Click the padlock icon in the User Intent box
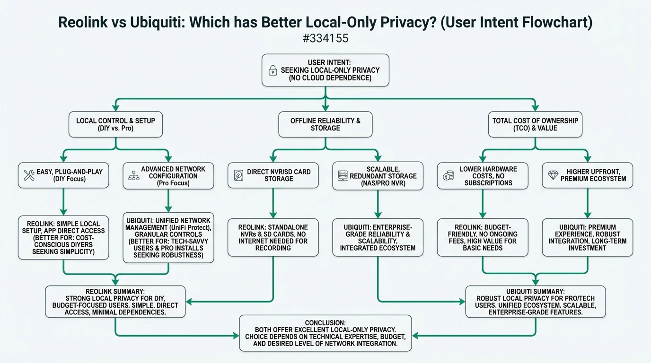coord(273,70)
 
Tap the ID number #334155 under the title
coord(325,38)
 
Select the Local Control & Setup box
coord(115,124)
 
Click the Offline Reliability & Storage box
coord(325,124)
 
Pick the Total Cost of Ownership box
coord(535,124)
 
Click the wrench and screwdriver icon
coord(29,176)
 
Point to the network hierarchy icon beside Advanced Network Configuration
coord(134,176)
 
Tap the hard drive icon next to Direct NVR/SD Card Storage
coord(238,176)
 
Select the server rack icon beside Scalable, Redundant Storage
coord(343,176)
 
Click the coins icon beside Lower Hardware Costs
coord(448,176)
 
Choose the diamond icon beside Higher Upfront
coord(553,175)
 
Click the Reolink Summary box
coord(115,302)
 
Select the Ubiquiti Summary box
coord(535,302)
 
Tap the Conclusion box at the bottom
coord(325,333)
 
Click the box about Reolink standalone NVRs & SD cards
coord(273,237)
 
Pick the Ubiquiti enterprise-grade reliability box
coord(378,237)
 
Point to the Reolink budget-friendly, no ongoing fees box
coord(483,237)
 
